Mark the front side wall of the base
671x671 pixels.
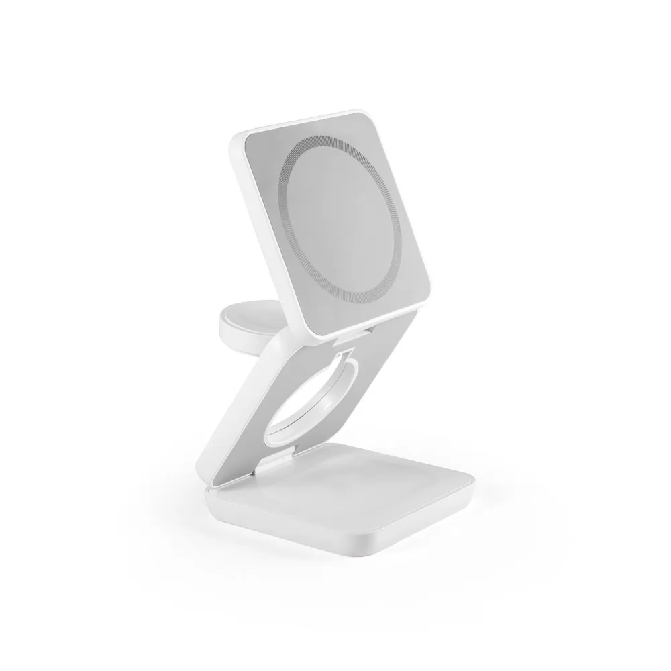pos(289,537)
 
